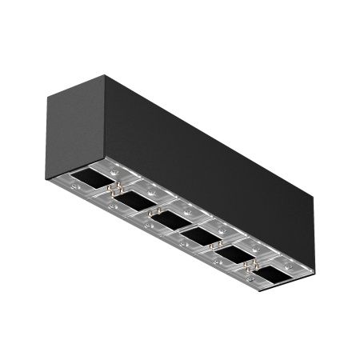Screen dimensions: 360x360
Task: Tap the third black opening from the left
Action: point(166,218)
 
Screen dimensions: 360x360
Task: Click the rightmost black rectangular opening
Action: point(273,274)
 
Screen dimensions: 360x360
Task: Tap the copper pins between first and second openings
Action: point(117,189)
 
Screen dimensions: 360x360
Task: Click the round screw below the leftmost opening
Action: point(77,186)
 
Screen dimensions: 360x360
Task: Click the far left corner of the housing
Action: point(46,94)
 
